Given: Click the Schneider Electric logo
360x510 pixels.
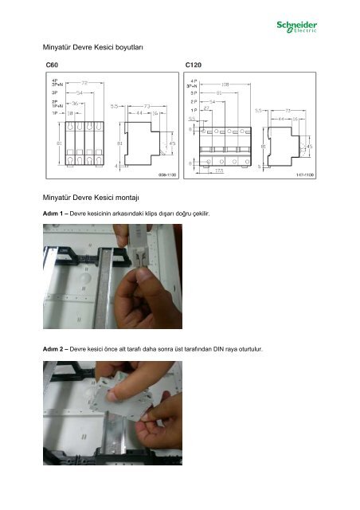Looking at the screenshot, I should [x=297, y=28].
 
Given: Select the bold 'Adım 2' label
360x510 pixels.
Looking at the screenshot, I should [x=55, y=350].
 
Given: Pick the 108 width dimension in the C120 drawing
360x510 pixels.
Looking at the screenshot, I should [x=225, y=82].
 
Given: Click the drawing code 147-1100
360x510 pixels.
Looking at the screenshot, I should [x=305, y=172].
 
